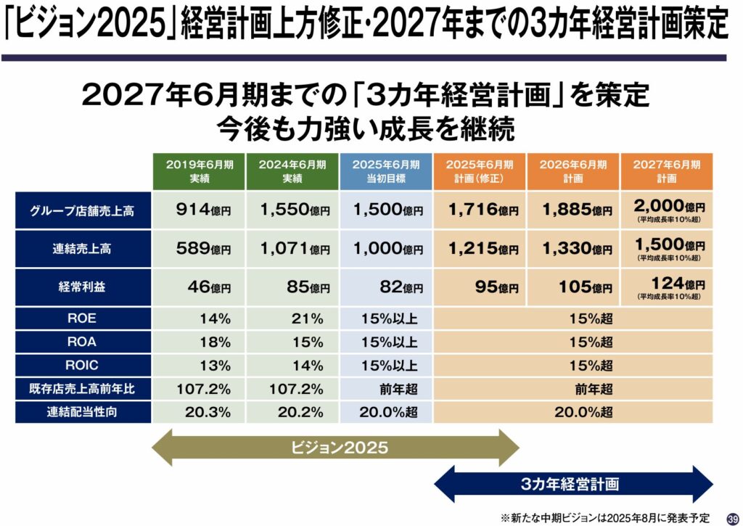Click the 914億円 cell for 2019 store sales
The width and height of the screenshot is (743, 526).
tap(199, 210)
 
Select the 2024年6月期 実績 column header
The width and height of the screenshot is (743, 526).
tap(292, 171)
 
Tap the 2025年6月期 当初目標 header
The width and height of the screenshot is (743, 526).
tap(386, 171)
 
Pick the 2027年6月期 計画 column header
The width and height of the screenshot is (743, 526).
tap(666, 171)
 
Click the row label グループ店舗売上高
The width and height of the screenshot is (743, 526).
tap(83, 210)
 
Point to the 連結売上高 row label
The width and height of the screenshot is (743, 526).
tap(83, 248)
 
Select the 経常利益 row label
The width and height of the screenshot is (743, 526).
tap(83, 287)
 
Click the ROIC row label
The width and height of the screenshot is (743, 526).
tap(83, 364)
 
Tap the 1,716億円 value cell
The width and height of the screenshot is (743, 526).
tap(480, 210)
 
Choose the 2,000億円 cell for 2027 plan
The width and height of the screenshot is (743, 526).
tap(666, 210)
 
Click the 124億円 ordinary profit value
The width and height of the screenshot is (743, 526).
tap(666, 287)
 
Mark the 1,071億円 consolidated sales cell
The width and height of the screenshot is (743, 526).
tap(292, 248)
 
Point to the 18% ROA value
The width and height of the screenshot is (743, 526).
tap(199, 341)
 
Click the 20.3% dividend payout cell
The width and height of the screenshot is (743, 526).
tap(199, 412)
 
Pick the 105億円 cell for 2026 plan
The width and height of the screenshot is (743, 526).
tap(573, 287)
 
